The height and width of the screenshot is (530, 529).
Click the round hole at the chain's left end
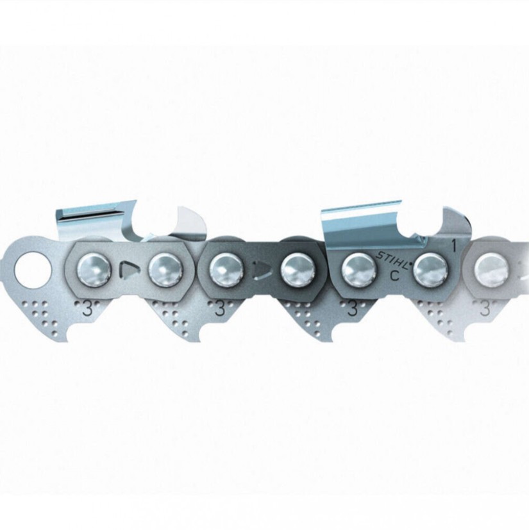tap(33, 270)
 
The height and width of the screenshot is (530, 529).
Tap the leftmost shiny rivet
tap(94, 269)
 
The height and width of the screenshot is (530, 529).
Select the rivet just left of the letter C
tap(359, 269)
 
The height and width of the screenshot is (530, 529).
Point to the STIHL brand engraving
tap(393, 258)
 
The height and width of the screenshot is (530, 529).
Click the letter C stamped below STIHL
tap(394, 276)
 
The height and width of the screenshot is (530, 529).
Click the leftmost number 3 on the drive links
tap(87, 310)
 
